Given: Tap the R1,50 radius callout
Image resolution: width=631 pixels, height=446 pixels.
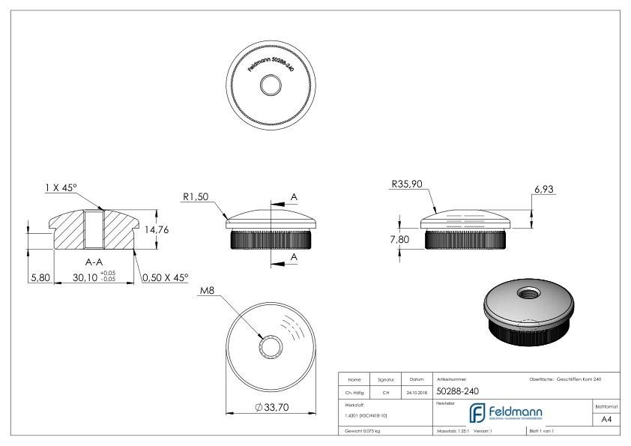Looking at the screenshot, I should click(196, 197).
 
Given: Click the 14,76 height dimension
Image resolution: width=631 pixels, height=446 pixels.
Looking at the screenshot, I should click(155, 230).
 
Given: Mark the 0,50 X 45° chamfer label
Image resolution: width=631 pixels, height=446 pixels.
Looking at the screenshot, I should click(165, 278).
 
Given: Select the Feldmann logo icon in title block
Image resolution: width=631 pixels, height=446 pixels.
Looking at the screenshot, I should click(477, 412).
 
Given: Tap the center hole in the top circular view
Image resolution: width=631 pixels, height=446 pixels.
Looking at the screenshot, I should click(268, 87).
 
